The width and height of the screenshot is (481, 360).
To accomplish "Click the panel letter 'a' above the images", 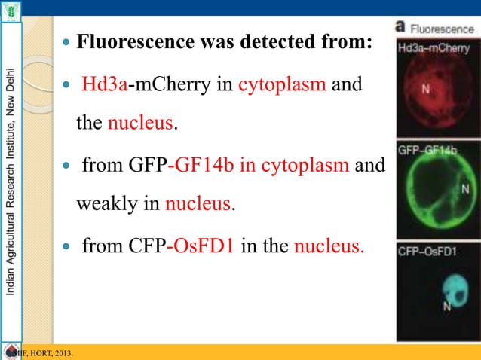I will (403, 27).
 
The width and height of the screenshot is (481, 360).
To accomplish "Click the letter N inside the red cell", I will (426, 89).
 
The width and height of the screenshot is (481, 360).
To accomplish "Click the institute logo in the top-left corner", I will (12, 11).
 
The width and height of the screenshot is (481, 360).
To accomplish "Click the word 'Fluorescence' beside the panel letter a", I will (442, 28).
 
